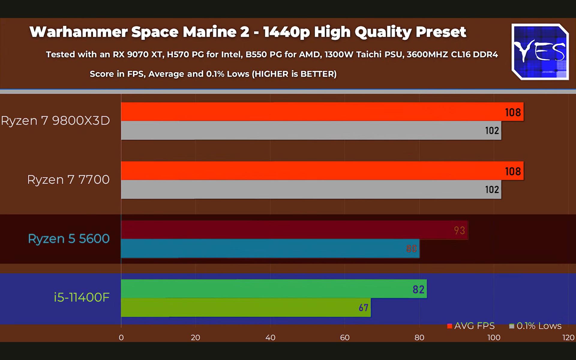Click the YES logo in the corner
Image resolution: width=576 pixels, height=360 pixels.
pyautogui.click(x=540, y=52)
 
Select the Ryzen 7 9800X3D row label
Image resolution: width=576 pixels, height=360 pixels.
pyautogui.click(x=55, y=121)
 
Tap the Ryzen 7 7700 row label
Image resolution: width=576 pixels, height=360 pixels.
pyautogui.click(x=68, y=180)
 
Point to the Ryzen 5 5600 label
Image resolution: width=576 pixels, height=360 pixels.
pyautogui.click(x=69, y=239)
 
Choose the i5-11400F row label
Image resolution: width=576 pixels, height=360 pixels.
pyautogui.click(x=82, y=297)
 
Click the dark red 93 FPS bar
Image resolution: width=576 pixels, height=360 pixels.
pyautogui.click(x=294, y=230)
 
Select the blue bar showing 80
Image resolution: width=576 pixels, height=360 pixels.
pyautogui.click(x=270, y=248)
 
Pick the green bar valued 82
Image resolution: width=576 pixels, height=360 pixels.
pyautogui.click(x=274, y=289)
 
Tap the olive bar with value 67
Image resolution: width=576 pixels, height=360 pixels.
pyautogui.click(x=246, y=307)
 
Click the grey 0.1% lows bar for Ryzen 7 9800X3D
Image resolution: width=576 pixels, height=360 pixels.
pyautogui.click(x=311, y=130)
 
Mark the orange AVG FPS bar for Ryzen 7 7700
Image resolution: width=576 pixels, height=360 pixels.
pyautogui.click(x=322, y=171)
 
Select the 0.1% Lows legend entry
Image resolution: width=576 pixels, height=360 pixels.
pyautogui.click(x=535, y=326)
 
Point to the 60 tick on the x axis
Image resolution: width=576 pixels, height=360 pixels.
pyautogui.click(x=345, y=337)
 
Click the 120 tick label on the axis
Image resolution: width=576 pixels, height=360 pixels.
pyautogui.click(x=568, y=337)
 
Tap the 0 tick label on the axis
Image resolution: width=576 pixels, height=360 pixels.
pyautogui.click(x=121, y=337)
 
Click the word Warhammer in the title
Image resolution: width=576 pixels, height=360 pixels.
pyautogui.click(x=79, y=32)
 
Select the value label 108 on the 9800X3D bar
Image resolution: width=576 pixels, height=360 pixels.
pyautogui.click(x=513, y=112)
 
